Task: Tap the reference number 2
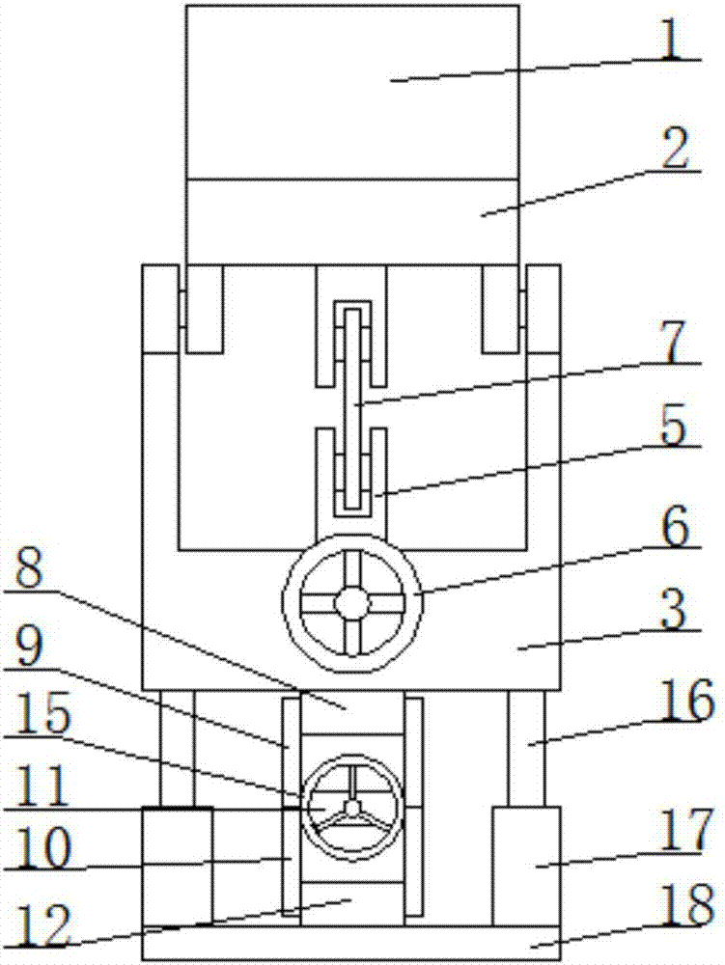[x=675, y=148]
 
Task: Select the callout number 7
[x=674, y=342]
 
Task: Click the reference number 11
[x=40, y=785]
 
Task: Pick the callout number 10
[x=42, y=846]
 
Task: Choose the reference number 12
[x=42, y=924]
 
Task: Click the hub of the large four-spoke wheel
[x=352, y=602]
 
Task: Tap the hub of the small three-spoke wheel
[x=352, y=807]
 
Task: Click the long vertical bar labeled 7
[x=352, y=408]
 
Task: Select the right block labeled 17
[x=526, y=866]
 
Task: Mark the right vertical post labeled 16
[x=526, y=748]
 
